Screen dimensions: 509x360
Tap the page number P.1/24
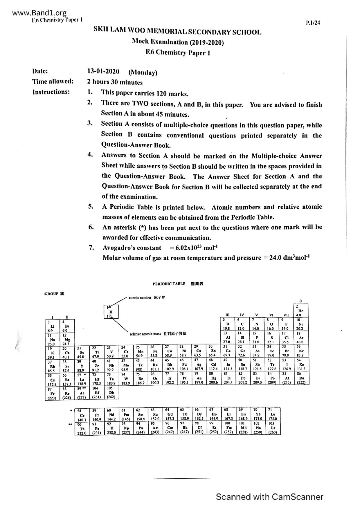(313, 23)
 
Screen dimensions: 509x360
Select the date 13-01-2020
(103, 71)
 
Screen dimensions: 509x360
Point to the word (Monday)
(143, 72)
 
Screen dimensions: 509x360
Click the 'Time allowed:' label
(53, 82)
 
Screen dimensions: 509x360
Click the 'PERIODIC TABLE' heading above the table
(169, 284)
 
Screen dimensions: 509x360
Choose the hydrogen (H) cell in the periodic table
(111, 312)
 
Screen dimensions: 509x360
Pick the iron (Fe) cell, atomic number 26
(155, 351)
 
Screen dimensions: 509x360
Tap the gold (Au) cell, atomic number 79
(199, 378)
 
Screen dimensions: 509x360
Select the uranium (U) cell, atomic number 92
(111, 428)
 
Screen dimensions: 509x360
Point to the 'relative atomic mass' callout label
(145, 334)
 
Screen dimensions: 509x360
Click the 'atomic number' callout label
(140, 297)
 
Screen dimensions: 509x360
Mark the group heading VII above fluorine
(286, 315)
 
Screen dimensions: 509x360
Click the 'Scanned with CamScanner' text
(269, 497)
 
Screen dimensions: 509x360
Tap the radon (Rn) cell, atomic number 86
(302, 378)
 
